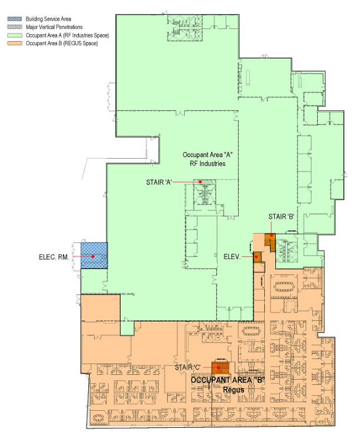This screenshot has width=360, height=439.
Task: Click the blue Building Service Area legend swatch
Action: (15, 19)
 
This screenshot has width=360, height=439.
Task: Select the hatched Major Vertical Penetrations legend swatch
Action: (15, 27)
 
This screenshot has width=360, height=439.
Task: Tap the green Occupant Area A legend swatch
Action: (15, 35)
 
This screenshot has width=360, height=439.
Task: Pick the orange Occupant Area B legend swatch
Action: (15, 43)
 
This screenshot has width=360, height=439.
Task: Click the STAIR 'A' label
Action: (159, 182)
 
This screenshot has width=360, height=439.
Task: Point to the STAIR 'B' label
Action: (281, 216)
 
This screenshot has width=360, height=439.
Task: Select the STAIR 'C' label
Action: (188, 367)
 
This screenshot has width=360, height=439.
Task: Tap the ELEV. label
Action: (232, 256)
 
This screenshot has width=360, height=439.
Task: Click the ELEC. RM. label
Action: (54, 257)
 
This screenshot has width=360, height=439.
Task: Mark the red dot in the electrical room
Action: (93, 256)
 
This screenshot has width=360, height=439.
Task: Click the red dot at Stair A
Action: (201, 182)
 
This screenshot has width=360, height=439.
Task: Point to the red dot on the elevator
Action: (256, 256)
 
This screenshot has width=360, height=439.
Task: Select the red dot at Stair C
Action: (218, 367)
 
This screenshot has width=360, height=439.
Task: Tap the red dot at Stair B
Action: (271, 236)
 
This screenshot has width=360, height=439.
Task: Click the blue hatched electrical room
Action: (94, 256)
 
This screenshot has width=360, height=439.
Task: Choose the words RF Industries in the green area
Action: (208, 163)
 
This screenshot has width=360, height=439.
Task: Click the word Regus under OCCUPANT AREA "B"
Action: (234, 390)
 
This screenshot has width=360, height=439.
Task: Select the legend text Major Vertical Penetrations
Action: (54, 27)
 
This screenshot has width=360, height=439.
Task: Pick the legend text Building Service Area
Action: (48, 19)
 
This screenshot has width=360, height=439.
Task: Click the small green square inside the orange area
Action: (127, 328)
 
